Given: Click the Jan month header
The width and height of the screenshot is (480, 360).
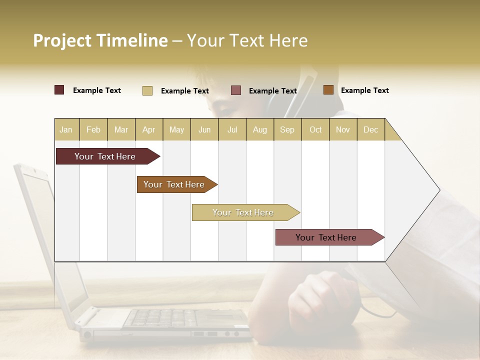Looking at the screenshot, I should [x=66, y=129].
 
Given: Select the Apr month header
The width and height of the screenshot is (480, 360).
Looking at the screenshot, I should [x=149, y=129].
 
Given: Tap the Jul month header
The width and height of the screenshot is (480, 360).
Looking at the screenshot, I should [x=232, y=129].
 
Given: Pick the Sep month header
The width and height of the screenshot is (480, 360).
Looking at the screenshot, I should [x=287, y=129].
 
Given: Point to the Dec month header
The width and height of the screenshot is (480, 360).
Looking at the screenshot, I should [x=370, y=129].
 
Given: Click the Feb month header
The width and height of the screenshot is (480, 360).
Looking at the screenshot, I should [x=93, y=129].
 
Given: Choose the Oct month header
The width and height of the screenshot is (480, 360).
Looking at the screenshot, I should [x=315, y=129].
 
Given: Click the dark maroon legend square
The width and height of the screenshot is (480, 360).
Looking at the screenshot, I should [x=59, y=90].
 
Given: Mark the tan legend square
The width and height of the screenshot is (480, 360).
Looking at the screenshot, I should [x=147, y=90].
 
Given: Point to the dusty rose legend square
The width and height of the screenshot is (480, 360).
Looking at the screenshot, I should [x=236, y=90].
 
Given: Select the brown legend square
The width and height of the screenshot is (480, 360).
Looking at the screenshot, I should [x=328, y=90].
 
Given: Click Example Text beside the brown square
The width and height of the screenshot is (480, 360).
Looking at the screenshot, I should [x=364, y=90].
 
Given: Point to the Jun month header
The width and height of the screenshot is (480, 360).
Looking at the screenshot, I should [x=204, y=129].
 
